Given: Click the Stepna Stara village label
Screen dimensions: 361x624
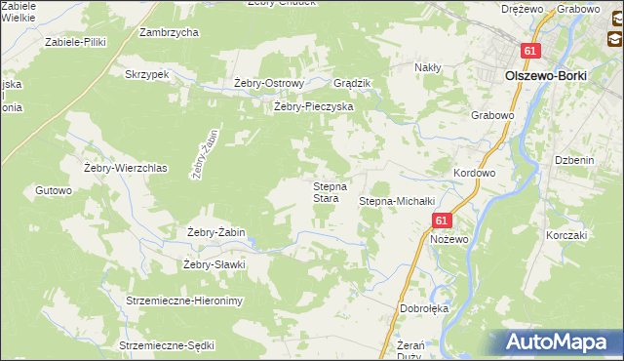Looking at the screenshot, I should tap(325, 192).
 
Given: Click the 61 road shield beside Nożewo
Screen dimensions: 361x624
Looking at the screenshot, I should tap(441, 221).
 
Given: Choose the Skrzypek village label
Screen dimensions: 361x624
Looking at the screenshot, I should tap(147, 74).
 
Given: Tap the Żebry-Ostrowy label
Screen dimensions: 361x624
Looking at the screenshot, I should tap(270, 83).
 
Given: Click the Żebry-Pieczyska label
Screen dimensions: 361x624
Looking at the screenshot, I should tap(312, 106).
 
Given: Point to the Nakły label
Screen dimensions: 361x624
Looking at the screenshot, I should tap(428, 67).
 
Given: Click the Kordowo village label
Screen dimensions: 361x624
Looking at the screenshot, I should tap(475, 173).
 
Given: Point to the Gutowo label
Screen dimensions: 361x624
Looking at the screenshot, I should tap(54, 190).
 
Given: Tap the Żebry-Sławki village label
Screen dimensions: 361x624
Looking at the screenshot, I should tap(214, 264).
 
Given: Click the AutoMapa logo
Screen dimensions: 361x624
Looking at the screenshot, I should tap(563, 341).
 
